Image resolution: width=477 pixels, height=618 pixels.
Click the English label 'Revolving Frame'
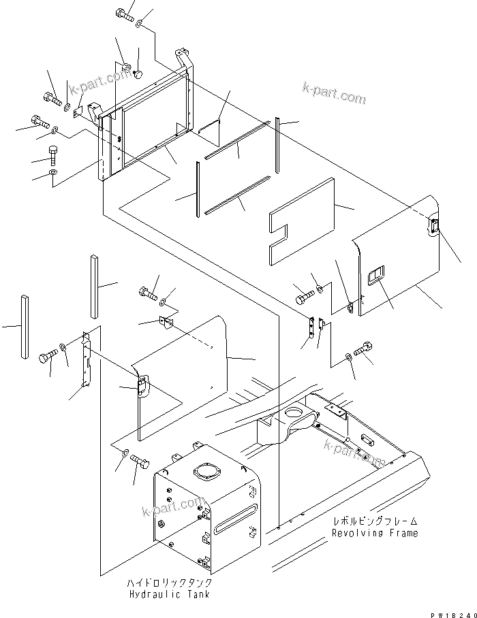click(375, 533)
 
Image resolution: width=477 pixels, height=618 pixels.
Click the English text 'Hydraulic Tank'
click(169, 594)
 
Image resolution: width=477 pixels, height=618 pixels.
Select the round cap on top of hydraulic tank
click(206, 474)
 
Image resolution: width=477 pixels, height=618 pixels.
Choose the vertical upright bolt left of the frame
click(53, 154)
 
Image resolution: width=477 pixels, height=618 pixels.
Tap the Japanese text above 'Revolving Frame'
click(375, 521)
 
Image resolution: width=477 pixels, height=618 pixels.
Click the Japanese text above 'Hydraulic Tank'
click(169, 583)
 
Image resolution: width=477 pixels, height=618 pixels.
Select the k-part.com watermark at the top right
click(334, 95)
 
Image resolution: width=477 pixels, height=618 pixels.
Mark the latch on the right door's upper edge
click(433, 228)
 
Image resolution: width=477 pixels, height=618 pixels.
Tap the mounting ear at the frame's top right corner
click(183, 56)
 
